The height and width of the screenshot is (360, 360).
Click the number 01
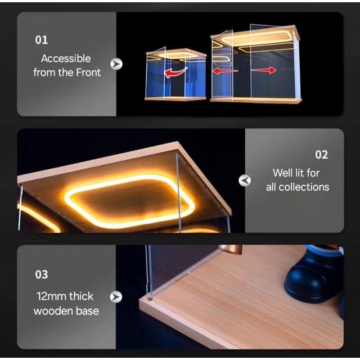coord(41,40)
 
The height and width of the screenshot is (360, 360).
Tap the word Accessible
coord(66,58)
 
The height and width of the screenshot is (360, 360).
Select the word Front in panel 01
coord(88,72)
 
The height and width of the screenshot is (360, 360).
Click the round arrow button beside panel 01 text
coord(117,64)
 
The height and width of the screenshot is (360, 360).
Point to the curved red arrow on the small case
coord(175,72)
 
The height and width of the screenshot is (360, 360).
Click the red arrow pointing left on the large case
coord(225,71)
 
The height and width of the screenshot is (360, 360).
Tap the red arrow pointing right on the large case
coord(264,70)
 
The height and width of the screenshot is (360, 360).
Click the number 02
coord(321,155)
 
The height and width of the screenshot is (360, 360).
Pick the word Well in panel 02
coord(282,173)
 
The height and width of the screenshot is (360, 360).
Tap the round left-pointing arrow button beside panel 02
coord(245,180)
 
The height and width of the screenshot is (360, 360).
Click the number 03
coord(41,274)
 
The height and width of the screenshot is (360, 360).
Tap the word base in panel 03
coord(87,311)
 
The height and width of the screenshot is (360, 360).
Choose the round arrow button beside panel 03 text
coord(116,297)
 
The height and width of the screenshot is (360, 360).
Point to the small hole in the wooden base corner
coord(150,299)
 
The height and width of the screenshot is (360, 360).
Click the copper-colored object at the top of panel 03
coord(230,250)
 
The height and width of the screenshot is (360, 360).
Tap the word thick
coord(81,296)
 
